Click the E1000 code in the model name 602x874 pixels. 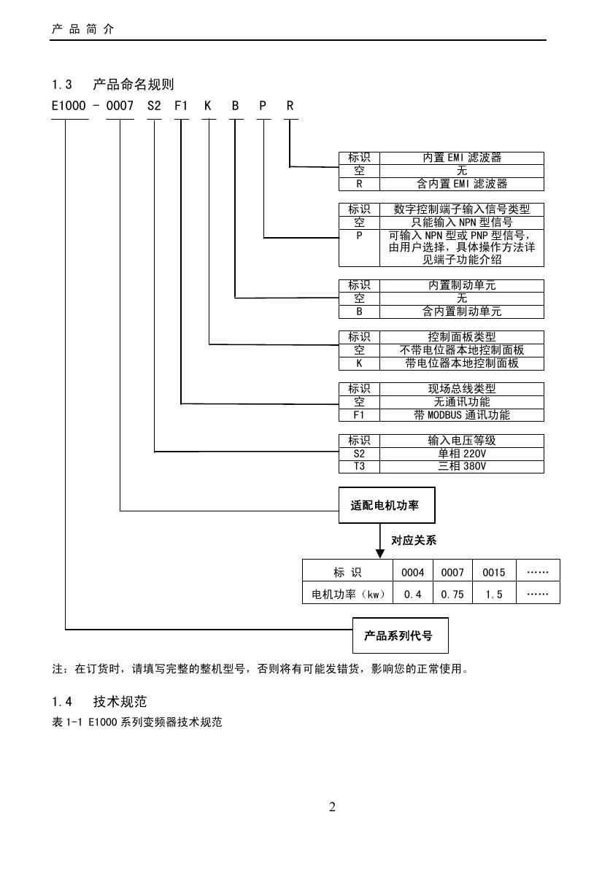pos(69,107)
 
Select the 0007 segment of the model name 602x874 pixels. pos(120,107)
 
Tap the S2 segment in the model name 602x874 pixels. pos(154,107)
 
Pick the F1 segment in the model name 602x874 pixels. pos(181,107)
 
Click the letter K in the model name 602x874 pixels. pos(208,107)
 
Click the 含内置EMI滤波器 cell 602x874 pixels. pos(462,184)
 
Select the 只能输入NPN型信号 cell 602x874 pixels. pos(462,223)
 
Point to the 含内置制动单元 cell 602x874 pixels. pos(462,312)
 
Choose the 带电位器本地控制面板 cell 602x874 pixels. pos(462,363)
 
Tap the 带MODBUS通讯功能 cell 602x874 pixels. pos(462,415)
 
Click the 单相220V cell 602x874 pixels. pos(462,454)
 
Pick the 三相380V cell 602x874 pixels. pos(462,467)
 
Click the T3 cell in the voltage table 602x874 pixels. pos(359,467)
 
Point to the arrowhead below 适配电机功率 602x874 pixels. pos(379,553)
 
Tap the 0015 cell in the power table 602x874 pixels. pos(494,573)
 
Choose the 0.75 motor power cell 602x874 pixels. pos(452,595)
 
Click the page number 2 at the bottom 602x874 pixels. pos(332,807)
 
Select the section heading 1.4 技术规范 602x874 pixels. pos(99,702)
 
